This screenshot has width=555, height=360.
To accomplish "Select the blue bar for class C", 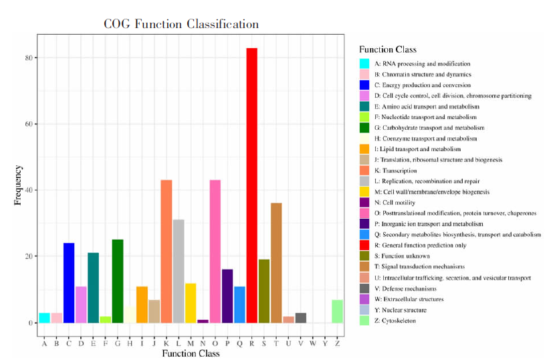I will click(69, 282).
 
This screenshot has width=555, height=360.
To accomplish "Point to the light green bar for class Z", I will click(337, 311).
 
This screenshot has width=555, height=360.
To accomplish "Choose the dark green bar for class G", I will click(118, 281).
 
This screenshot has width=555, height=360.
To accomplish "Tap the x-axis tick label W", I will click(313, 344).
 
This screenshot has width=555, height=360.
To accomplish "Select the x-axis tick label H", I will click(130, 344).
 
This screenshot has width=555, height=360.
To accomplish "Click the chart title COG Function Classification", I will click(181, 25).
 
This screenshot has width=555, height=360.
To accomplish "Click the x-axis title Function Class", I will click(191, 353).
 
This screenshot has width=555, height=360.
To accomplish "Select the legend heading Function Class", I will click(388, 50).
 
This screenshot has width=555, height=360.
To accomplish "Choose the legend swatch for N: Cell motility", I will click(364, 203).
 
